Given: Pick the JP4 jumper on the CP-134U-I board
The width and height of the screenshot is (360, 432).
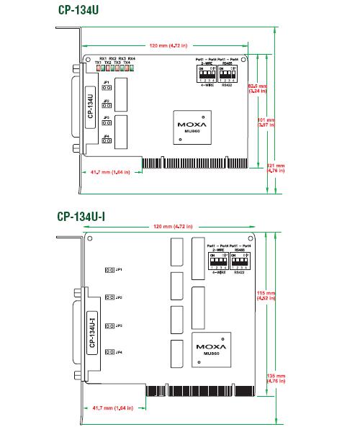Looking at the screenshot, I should point(108,352).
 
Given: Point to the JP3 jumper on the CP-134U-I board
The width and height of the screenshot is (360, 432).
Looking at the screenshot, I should point(108,325).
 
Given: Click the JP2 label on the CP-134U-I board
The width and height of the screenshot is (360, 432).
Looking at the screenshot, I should point(119,297).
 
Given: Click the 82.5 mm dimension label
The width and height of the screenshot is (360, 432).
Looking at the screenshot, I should point(278,89).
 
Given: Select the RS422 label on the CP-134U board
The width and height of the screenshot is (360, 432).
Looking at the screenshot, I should point(228,85).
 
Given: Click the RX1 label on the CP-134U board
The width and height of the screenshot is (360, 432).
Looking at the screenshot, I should point(102,58).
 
